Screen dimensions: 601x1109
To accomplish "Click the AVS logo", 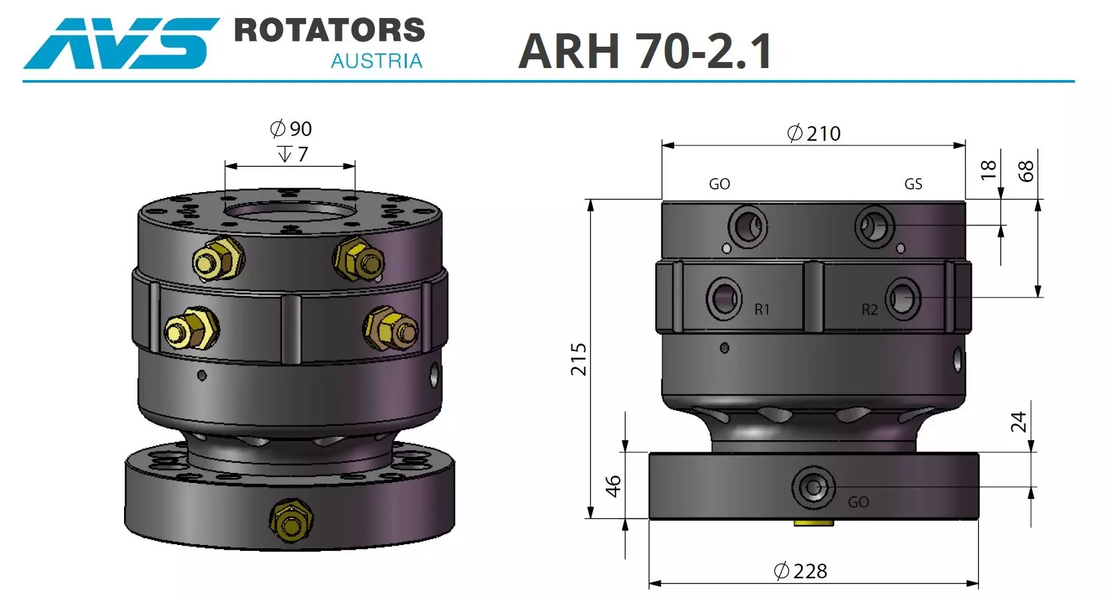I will [x=120, y=43].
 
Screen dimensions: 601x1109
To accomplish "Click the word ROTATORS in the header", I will [x=329, y=31].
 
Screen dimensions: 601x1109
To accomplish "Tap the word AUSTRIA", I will [x=377, y=61].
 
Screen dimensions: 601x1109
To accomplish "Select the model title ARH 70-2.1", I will [x=645, y=51].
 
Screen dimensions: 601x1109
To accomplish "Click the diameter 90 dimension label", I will [x=291, y=129].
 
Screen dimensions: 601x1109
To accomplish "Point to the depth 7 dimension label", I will [x=293, y=155].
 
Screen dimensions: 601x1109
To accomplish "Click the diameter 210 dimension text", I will [x=814, y=133].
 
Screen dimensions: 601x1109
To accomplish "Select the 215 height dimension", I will [x=579, y=359].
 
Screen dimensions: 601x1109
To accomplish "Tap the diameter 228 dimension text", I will [x=800, y=572].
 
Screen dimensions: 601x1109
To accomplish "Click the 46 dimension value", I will [x=613, y=486].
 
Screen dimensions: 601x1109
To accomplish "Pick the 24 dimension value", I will [x=1018, y=422].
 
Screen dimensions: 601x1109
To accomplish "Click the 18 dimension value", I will [x=988, y=169].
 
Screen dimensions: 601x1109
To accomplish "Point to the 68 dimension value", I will [x=1026, y=171].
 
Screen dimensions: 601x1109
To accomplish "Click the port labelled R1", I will [x=724, y=299].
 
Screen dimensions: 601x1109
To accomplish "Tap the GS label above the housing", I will [x=913, y=184].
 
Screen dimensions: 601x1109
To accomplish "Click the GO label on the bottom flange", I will [x=858, y=502].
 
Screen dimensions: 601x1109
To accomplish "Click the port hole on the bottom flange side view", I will [x=813, y=488].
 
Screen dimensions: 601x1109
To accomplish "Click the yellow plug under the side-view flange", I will [x=814, y=523].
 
